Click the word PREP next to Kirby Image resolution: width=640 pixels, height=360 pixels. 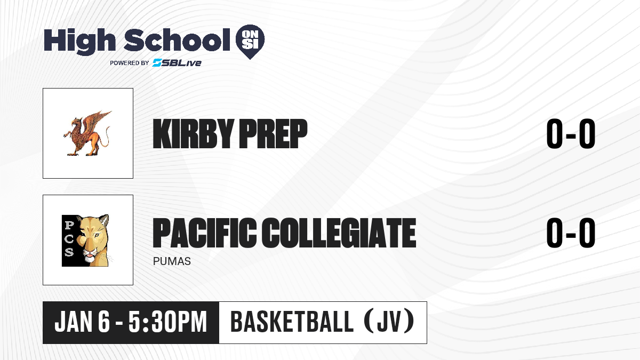pyautogui.click(x=273, y=133)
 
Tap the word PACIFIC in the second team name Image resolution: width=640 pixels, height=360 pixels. pyautogui.click(x=204, y=233)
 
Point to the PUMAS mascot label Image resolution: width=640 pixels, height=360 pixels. pyautogui.click(x=172, y=261)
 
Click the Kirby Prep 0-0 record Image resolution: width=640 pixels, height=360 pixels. pyautogui.click(x=571, y=134)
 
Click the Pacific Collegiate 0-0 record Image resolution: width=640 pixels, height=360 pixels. pyautogui.click(x=571, y=233)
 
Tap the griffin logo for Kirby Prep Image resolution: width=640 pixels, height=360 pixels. pyautogui.click(x=87, y=133)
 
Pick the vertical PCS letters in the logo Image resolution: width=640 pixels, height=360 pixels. pyautogui.click(x=69, y=239)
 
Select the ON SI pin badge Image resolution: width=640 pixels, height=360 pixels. pyautogui.click(x=250, y=42)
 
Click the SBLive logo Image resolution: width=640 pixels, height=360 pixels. pyautogui.click(x=177, y=62)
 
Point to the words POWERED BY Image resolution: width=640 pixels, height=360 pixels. pyautogui.click(x=129, y=63)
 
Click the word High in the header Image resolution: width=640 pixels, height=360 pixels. pyautogui.click(x=79, y=41)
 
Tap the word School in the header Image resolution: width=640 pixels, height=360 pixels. pyautogui.click(x=177, y=40)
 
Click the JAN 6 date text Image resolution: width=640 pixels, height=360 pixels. pyautogui.click(x=82, y=322)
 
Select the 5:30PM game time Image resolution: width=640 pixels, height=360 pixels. pyautogui.click(x=167, y=322)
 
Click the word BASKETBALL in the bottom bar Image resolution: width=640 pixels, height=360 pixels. pyautogui.click(x=292, y=322)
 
